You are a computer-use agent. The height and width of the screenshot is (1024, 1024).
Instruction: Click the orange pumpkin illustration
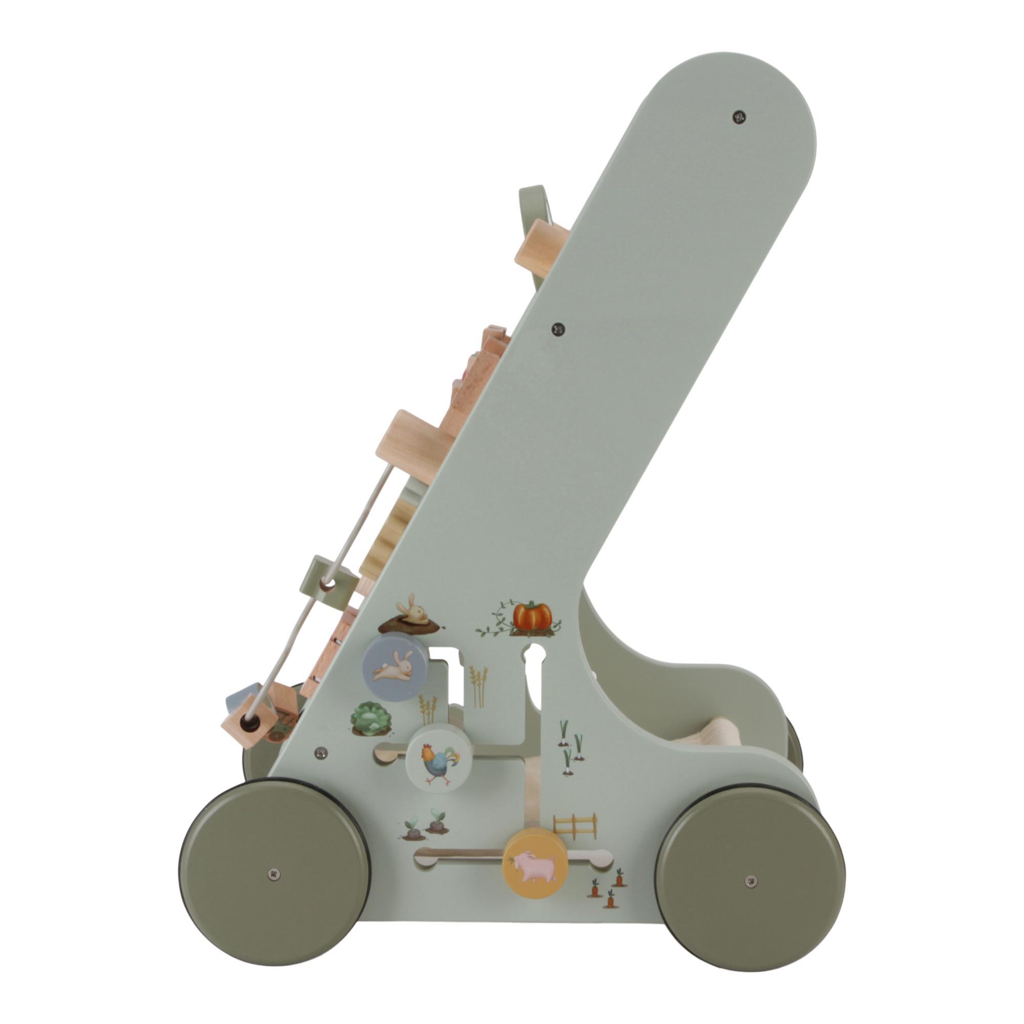point(531,616)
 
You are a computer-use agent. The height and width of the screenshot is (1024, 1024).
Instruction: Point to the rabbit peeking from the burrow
point(416,616)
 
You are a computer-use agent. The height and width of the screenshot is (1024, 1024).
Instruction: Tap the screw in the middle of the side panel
point(558,329)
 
